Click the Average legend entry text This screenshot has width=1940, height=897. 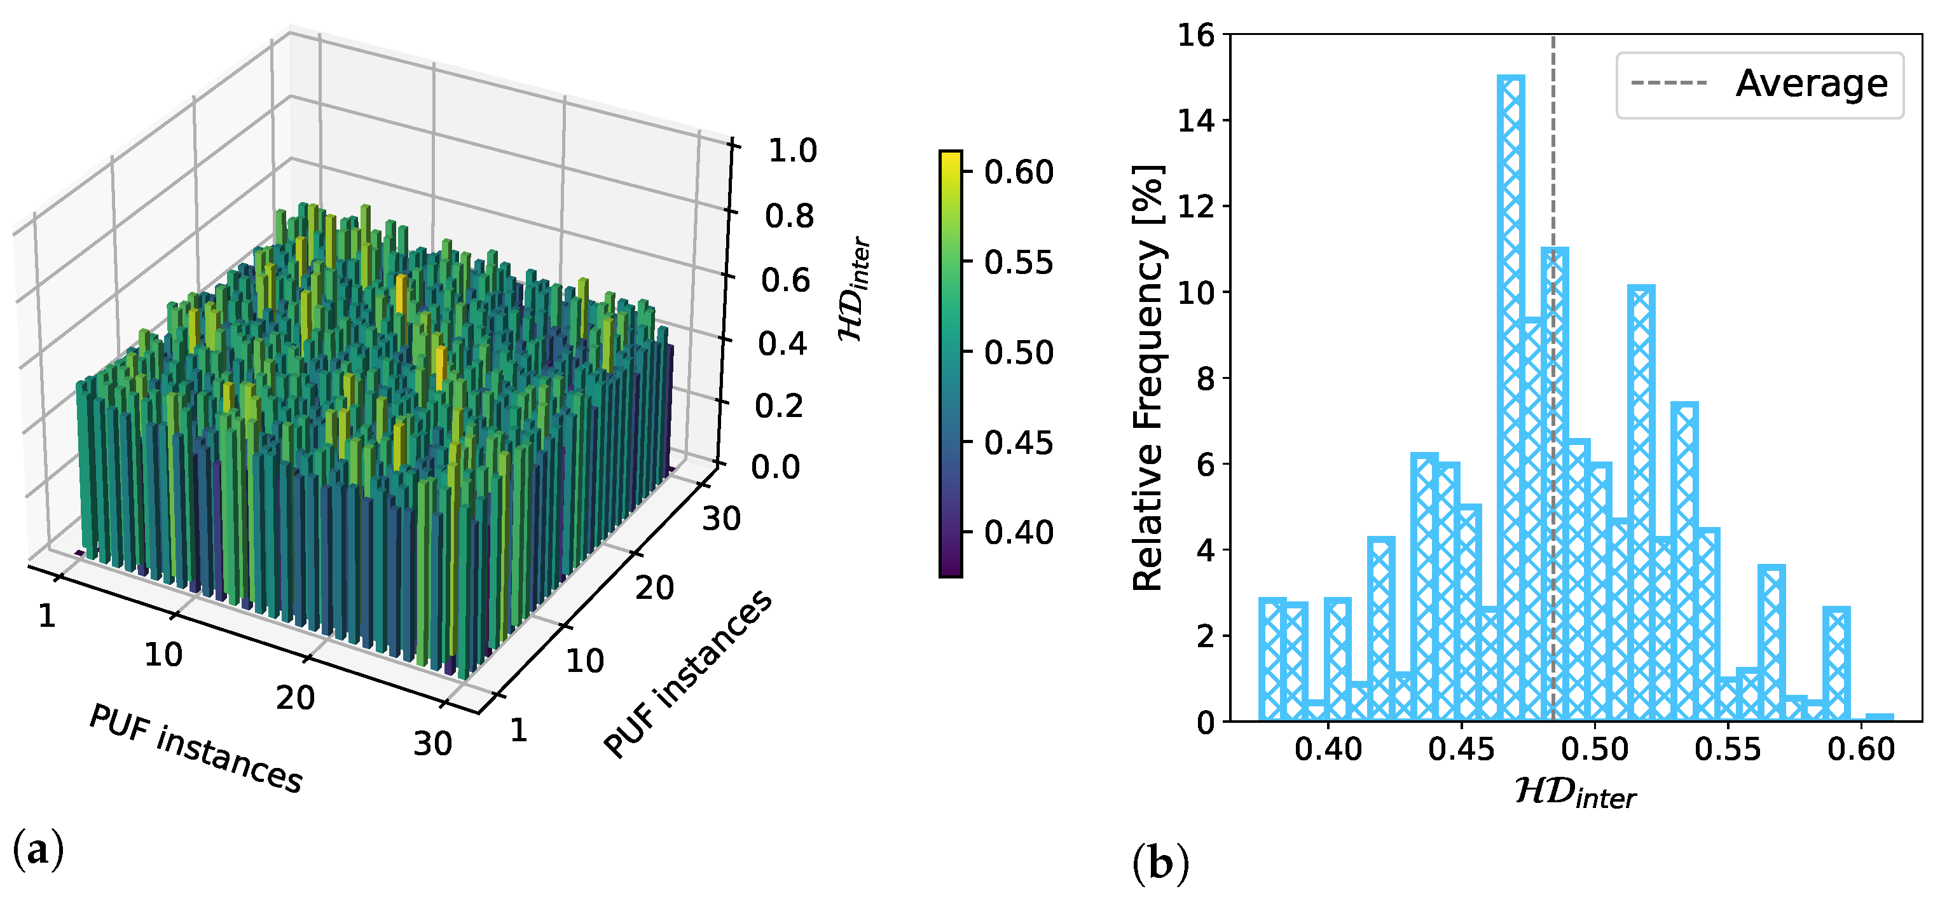point(1811,84)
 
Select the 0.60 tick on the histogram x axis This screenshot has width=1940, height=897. point(1860,750)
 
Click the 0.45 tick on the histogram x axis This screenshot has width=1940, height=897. point(1461,750)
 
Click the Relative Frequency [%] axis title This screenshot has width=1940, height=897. point(1148,376)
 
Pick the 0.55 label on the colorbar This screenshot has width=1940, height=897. point(1018,263)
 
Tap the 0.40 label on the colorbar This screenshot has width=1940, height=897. point(1018,533)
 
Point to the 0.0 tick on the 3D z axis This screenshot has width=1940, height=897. point(775,467)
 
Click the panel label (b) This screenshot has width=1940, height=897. point(1160,864)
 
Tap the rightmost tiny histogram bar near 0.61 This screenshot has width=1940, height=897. point(1880,717)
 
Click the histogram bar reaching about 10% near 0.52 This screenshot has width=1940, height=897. point(1641,505)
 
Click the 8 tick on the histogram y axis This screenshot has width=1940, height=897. point(1205,378)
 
